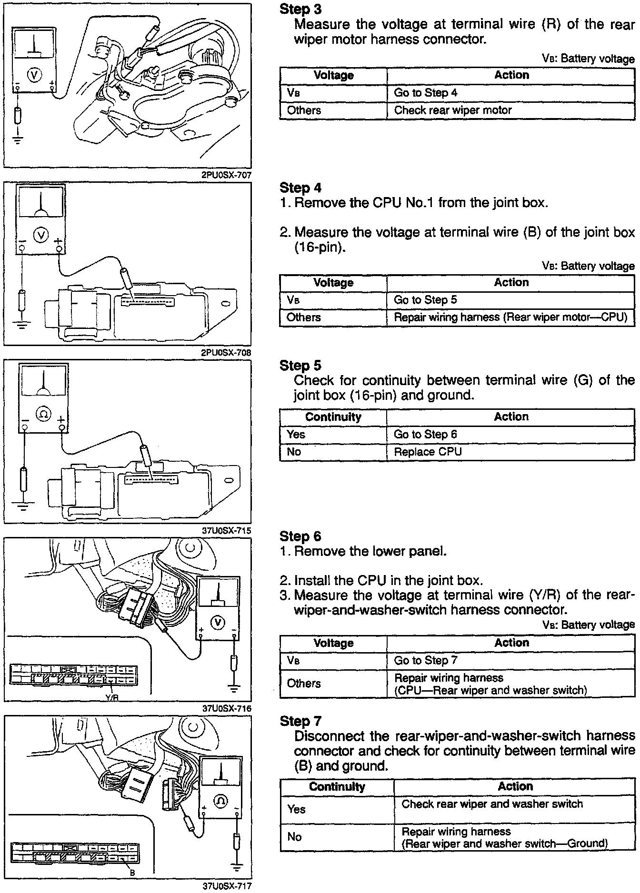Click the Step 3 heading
point(300,9)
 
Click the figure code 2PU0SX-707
point(227,175)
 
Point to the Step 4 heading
point(300,188)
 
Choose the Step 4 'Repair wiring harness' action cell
point(510,318)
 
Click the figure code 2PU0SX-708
point(227,353)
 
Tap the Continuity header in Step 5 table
point(333,417)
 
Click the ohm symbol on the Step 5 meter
point(43,415)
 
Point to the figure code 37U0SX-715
point(227,531)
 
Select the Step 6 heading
point(300,536)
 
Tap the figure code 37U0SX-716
point(227,708)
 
